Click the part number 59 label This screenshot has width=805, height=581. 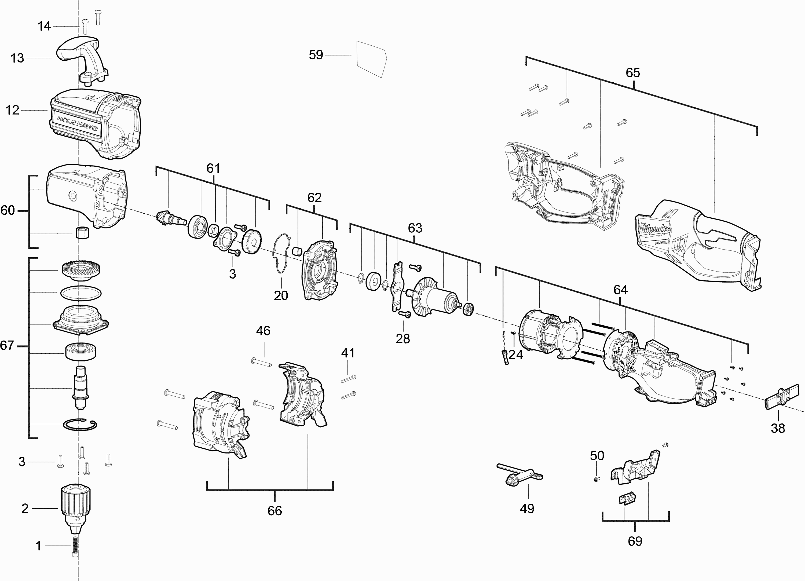point(316,55)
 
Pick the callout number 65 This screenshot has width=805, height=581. point(632,73)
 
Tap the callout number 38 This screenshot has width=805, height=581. point(777,428)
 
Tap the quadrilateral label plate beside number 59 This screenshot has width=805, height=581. point(371,59)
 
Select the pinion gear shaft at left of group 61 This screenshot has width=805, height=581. point(169,220)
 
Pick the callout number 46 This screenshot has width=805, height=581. point(263,331)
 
